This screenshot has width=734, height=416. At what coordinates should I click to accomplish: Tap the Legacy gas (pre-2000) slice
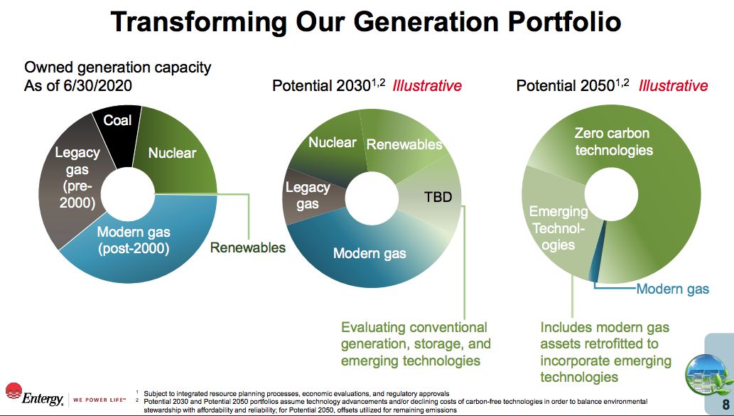point(75,178)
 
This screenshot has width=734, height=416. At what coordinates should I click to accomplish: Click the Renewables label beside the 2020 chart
point(248,247)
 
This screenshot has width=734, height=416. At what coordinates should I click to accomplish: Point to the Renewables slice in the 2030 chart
point(403,141)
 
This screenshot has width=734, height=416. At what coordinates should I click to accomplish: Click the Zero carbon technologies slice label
point(612,142)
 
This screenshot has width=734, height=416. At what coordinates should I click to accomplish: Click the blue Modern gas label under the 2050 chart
point(673,289)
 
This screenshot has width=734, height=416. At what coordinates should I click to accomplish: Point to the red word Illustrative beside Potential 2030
point(427,86)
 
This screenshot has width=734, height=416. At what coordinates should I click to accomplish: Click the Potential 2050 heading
point(573,85)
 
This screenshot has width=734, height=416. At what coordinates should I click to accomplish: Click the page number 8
point(725,405)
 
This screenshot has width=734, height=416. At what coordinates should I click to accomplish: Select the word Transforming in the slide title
point(198,21)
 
